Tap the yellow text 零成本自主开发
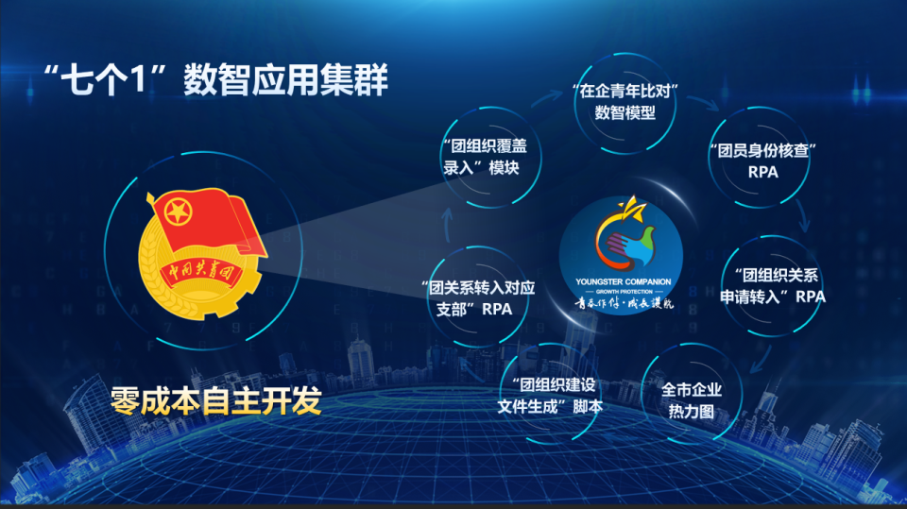point(216,401)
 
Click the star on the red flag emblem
point(178,212)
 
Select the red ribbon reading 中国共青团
point(201,273)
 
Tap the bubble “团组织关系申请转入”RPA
point(774,285)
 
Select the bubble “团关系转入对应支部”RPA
point(477,297)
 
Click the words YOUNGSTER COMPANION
point(623,281)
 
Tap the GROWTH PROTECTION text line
point(623,292)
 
